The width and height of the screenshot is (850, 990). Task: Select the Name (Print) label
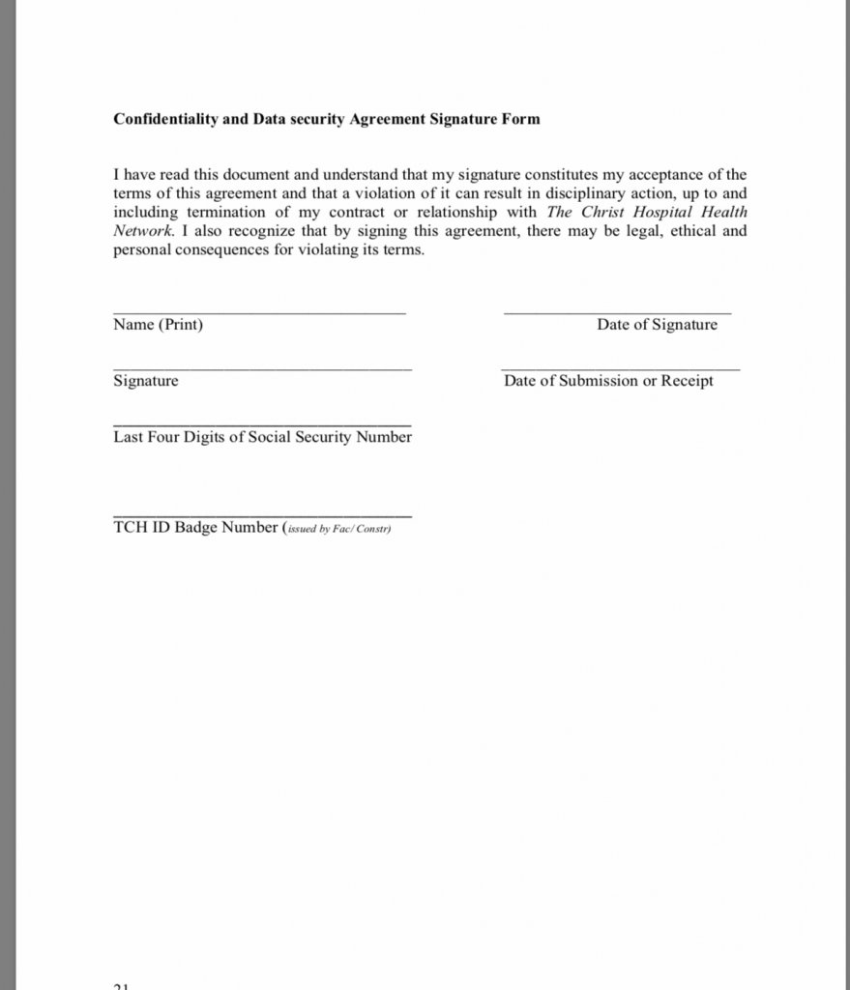pyautogui.click(x=158, y=325)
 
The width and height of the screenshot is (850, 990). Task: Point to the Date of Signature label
pyautogui.click(x=657, y=325)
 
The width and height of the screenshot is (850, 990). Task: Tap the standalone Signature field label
pyautogui.click(x=145, y=381)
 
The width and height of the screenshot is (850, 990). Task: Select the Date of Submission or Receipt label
pyautogui.click(x=608, y=381)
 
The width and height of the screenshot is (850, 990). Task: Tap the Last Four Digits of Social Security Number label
pyautogui.click(x=262, y=437)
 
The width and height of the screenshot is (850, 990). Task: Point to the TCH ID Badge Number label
pyautogui.click(x=195, y=528)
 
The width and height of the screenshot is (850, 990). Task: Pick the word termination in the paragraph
pyautogui.click(x=225, y=213)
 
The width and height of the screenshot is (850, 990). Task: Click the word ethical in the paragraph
pyautogui.click(x=675, y=232)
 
